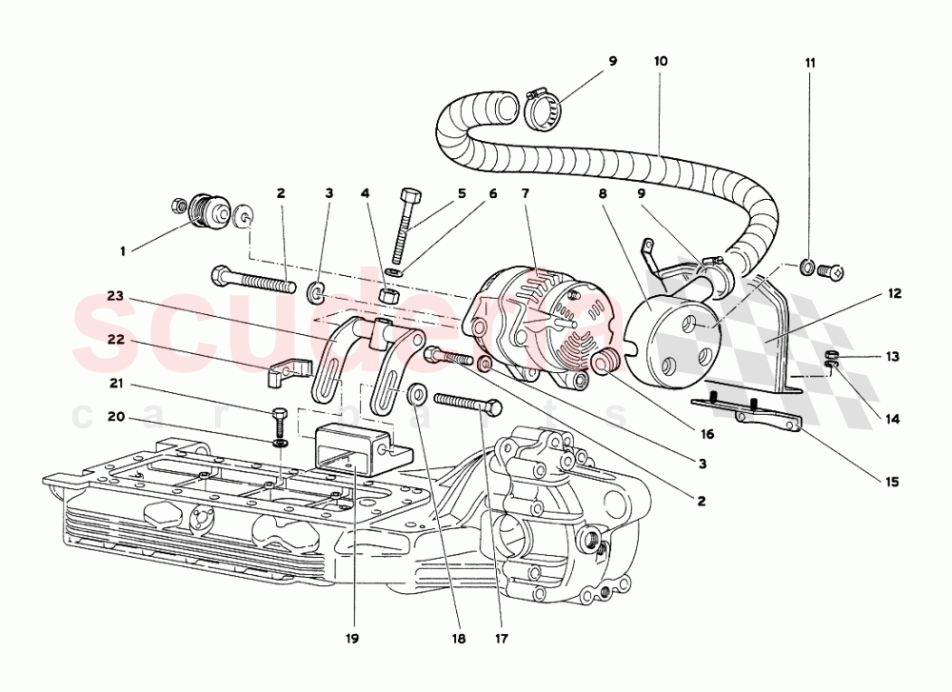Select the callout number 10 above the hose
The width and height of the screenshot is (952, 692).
(661, 61)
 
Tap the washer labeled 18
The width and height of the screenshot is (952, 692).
(416, 394)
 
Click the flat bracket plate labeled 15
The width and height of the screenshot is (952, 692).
(752, 411)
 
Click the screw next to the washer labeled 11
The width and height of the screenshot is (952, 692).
(831, 270)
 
